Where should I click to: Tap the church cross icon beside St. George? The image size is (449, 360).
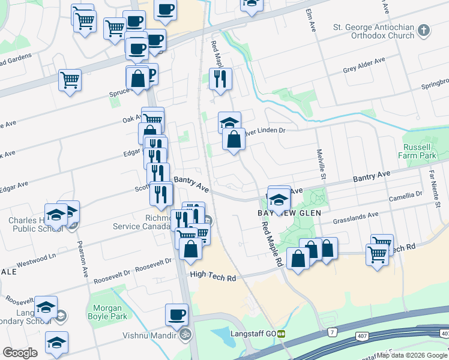tap(424, 30)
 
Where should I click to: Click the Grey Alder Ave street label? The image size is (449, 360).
tap(364, 64)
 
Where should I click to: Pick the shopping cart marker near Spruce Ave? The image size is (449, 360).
tap(70, 79)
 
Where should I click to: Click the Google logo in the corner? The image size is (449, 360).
tap(20, 352)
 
